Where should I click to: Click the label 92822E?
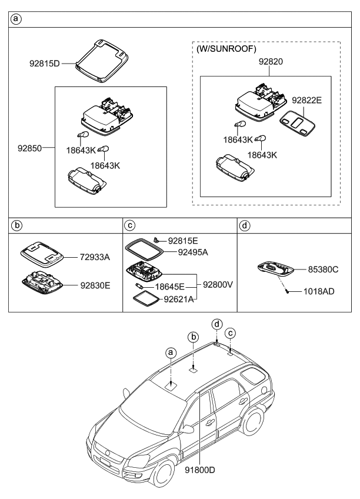click(x=307, y=101)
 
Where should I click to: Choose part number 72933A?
click(x=97, y=257)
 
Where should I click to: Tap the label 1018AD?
click(x=319, y=291)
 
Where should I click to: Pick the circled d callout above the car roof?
click(x=216, y=324)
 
